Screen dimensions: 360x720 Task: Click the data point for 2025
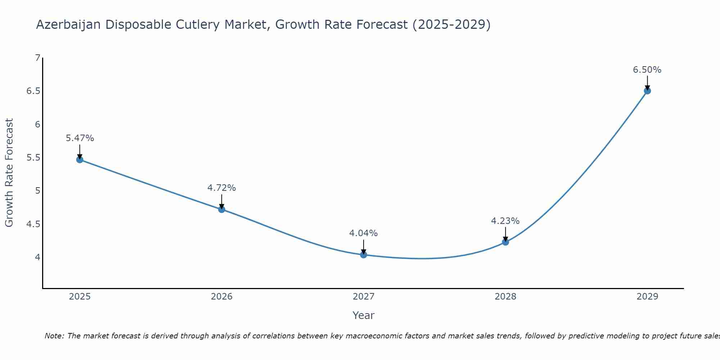click(x=80, y=159)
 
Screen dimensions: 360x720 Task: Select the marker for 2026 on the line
click(x=221, y=209)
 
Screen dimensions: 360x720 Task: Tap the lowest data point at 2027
click(x=363, y=255)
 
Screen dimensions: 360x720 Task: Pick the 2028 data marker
click(x=505, y=242)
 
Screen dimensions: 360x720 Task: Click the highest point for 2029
click(x=647, y=91)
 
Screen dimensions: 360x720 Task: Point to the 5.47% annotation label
click(x=80, y=138)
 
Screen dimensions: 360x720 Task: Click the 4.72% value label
click(x=221, y=188)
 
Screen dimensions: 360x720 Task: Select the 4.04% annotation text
click(x=363, y=233)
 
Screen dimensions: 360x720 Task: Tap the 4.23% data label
click(x=505, y=221)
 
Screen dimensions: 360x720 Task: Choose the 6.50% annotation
click(x=647, y=70)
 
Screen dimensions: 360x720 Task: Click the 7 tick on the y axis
click(x=37, y=58)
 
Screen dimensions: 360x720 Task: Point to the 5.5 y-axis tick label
click(x=33, y=158)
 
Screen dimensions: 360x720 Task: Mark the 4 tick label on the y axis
click(x=37, y=257)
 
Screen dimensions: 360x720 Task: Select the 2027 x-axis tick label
click(x=363, y=297)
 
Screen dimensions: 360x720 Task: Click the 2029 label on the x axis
click(x=647, y=297)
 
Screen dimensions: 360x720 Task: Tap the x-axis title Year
click(x=363, y=315)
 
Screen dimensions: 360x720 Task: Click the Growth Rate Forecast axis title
click(x=9, y=173)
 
